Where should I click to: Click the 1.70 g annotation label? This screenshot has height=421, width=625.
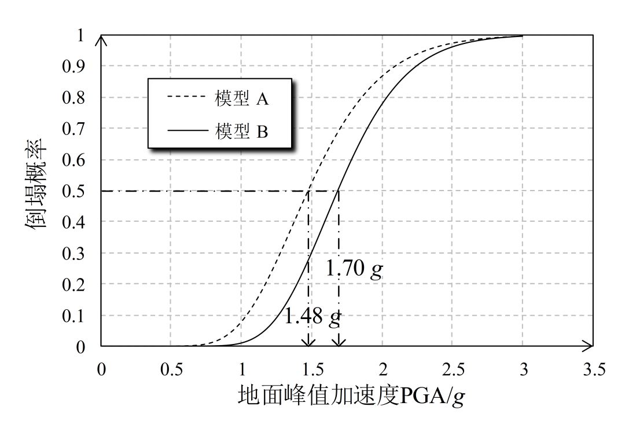click(354, 270)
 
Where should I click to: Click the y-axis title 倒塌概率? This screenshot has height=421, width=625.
click(36, 191)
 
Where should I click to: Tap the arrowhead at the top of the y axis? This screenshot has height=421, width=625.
click(102, 40)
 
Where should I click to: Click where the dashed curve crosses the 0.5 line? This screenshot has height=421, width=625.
click(309, 191)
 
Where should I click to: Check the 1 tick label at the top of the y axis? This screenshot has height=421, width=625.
click(82, 35)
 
